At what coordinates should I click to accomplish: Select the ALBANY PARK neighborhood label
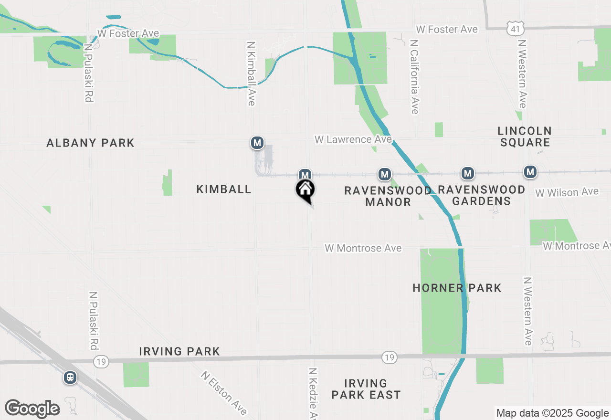click(90, 143)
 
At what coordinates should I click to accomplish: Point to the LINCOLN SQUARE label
click(525, 136)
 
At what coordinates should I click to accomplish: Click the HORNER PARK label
click(457, 288)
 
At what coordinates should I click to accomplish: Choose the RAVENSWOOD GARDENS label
click(481, 195)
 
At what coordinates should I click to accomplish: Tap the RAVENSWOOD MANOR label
click(388, 196)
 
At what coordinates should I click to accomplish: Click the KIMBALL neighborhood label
click(224, 189)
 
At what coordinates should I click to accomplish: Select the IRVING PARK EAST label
click(366, 389)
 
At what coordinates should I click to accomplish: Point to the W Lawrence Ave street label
click(353, 139)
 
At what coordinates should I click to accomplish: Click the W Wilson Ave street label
click(567, 192)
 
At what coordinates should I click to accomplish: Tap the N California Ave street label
click(414, 77)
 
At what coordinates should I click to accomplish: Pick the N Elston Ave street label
click(224, 393)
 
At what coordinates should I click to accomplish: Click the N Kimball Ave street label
click(252, 73)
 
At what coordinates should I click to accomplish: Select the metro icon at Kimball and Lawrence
click(257, 142)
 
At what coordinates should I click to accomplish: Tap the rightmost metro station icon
click(530, 172)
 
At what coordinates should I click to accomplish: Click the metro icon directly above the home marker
click(305, 174)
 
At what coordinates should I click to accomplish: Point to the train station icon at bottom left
click(70, 378)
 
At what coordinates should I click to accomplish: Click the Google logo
click(32, 409)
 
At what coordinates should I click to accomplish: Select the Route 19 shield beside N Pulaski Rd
click(100, 362)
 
